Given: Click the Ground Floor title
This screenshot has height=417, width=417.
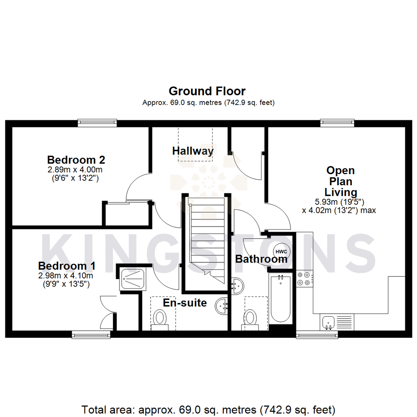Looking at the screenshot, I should [207, 91].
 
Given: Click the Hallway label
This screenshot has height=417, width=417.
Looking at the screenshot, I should [193, 151].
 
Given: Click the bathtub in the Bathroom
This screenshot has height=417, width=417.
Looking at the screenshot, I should [281, 299].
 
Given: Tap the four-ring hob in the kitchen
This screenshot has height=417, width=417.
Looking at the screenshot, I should [304, 278].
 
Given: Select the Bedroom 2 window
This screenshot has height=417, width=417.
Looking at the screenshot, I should [97, 123].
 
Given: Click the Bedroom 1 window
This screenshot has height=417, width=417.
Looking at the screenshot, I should [92, 334].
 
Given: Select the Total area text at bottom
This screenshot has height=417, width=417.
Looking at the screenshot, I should [208, 409].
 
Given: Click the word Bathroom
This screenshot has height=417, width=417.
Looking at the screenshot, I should [261, 259].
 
